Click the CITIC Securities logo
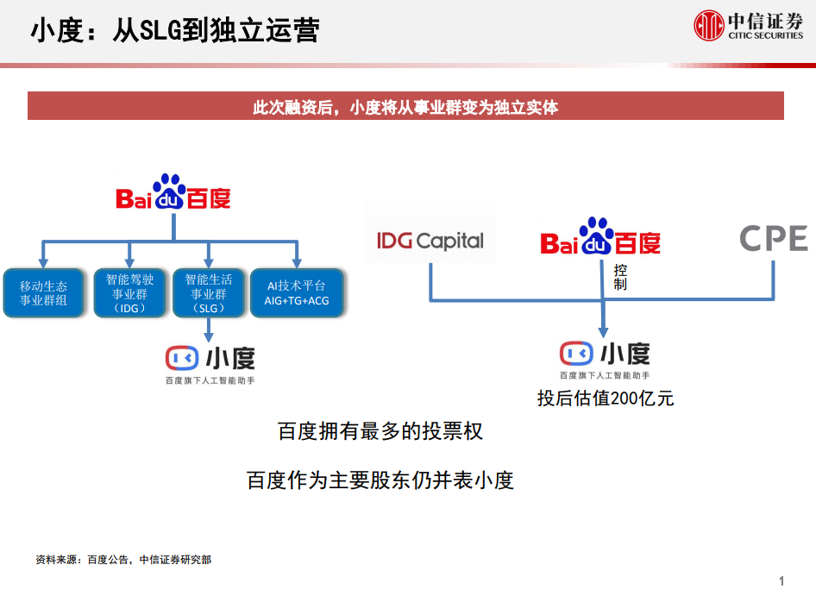click(x=749, y=26)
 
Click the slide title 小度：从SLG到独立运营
click(x=175, y=30)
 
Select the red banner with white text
click(x=405, y=106)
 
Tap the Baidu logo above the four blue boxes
click(x=173, y=191)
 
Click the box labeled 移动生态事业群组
click(x=44, y=293)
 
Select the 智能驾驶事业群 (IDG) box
click(x=129, y=293)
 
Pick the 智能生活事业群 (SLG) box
click(x=208, y=293)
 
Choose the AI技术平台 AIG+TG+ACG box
click(x=297, y=293)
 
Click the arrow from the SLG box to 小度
click(x=208, y=329)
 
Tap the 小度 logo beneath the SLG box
click(x=210, y=364)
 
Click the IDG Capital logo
click(x=430, y=241)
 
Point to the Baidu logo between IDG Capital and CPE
click(x=600, y=236)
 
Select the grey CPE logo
click(x=774, y=238)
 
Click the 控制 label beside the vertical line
click(x=620, y=278)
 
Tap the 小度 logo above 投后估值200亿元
click(x=605, y=360)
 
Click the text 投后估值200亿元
click(x=606, y=398)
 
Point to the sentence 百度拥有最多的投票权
click(x=380, y=431)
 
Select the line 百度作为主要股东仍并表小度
click(x=380, y=480)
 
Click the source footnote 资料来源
click(x=123, y=560)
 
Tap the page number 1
click(x=781, y=580)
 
